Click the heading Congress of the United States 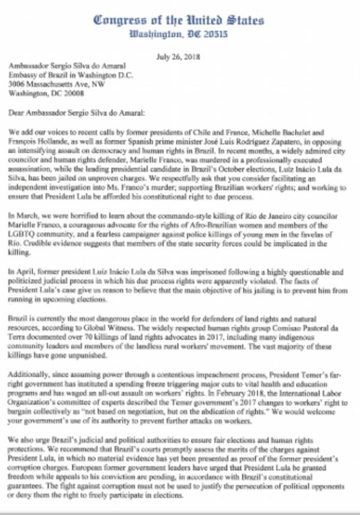pos(179,19)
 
